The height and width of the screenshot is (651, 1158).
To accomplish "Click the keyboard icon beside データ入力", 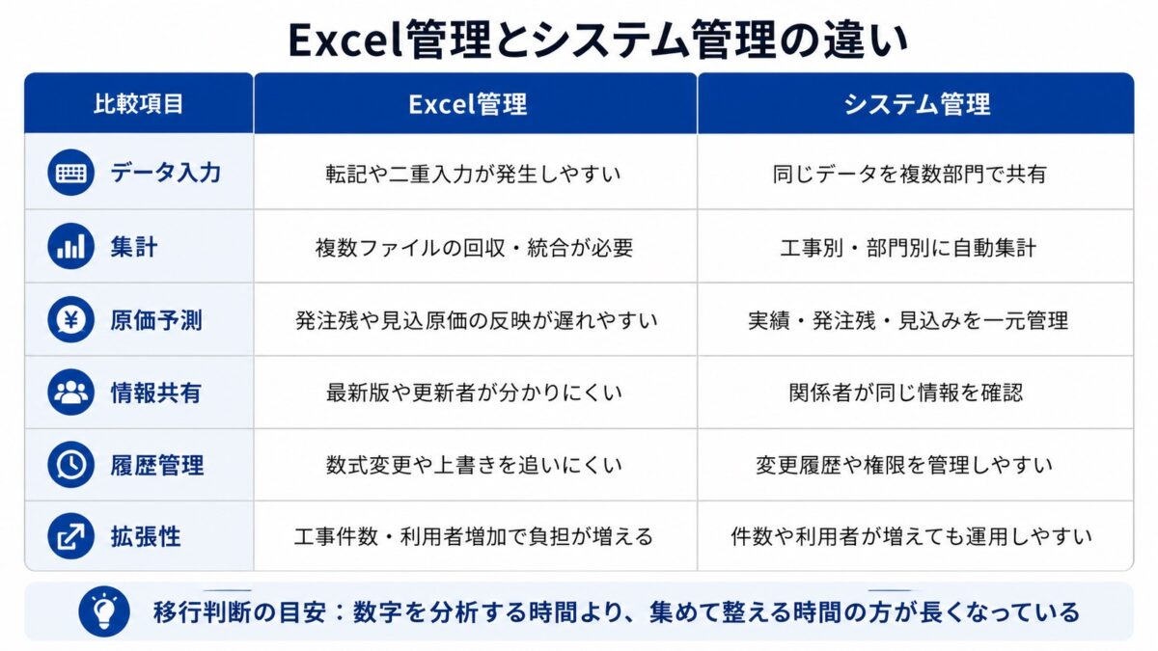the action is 70,173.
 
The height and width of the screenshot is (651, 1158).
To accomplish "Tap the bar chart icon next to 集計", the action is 70,246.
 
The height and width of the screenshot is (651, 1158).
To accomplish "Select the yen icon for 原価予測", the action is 70,320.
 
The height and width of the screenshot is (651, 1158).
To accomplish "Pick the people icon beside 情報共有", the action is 70,393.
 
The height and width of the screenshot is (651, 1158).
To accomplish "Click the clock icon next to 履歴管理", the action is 70,465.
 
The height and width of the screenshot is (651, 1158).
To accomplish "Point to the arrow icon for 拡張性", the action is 70,536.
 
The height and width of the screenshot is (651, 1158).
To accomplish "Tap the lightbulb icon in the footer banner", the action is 104,611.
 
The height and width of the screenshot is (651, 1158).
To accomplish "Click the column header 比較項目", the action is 139,104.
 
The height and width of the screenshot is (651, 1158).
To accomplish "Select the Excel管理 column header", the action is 468,104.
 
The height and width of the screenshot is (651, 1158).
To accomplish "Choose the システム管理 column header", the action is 917,104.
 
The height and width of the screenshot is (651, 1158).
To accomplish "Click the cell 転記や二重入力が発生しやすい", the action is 473,175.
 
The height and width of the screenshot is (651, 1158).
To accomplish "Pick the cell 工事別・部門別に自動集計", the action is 908,248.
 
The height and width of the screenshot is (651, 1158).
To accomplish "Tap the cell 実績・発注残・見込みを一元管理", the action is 908,321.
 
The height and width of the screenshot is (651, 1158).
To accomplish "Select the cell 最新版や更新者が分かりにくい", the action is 474,393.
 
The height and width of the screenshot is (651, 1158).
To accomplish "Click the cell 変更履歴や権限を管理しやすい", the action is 904,466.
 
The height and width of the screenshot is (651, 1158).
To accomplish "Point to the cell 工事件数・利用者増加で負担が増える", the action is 474,537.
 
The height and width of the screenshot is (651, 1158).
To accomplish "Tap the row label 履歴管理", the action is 157,466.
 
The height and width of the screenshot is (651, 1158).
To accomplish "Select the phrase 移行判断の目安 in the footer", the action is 239,612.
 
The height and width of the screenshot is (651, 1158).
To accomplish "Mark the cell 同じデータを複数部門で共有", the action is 910,175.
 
